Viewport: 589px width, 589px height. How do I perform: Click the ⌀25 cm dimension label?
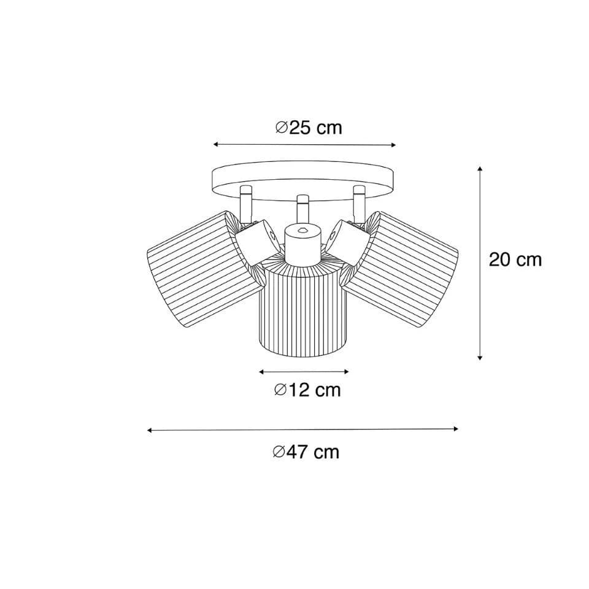click(309, 128)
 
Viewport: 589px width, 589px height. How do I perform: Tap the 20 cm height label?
click(515, 260)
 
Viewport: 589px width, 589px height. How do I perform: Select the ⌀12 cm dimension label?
click(307, 390)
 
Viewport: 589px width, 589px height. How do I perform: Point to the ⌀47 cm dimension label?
click(306, 452)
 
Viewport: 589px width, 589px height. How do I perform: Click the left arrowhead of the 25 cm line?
click(215, 144)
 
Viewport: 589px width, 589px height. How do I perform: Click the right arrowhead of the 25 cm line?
click(394, 145)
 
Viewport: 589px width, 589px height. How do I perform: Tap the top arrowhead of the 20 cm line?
click(480, 169)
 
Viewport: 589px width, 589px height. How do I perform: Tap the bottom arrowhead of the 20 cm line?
click(480, 358)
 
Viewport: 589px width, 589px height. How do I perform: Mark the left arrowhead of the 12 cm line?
click(261, 372)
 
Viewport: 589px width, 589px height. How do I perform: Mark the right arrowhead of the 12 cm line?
click(347, 372)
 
